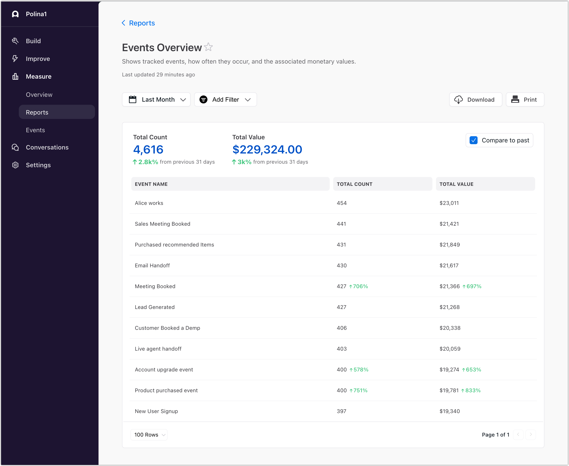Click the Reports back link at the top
pos(138,23)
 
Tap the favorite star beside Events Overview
pos(208,47)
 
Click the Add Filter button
pos(225,100)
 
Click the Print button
pos(525,100)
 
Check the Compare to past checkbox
pos(474,140)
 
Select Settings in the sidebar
pos(38,165)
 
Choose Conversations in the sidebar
pos(47,147)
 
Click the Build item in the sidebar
pos(33,41)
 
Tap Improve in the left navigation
pos(38,59)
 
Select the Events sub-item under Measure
pos(35,130)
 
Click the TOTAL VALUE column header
pos(456,184)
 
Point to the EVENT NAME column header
pos(151,184)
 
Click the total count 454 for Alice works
pos(341,203)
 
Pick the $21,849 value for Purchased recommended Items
pos(450,245)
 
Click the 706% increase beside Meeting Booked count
pos(359,286)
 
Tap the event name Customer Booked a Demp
pos(167,328)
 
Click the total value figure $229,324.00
pos(267,150)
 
